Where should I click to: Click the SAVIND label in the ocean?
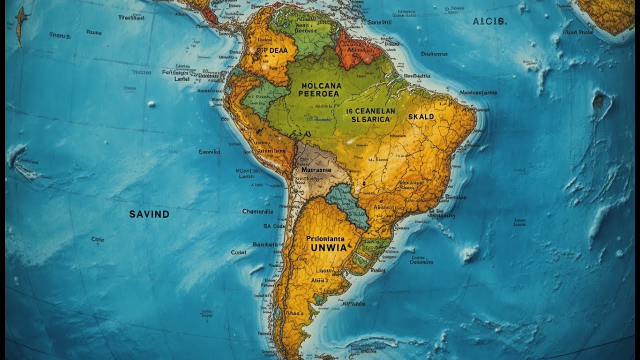point(149,214)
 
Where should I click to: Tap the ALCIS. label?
point(489,21)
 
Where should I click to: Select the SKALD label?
point(421,116)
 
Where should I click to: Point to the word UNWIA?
point(328,247)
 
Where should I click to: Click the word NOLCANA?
point(320,85)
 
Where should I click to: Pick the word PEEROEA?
point(319,93)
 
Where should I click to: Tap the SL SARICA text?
point(370,119)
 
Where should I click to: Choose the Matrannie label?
point(316,169)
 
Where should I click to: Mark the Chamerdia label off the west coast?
point(257,211)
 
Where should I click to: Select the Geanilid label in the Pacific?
point(209,151)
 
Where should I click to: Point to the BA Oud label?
point(273,225)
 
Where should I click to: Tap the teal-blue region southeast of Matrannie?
point(348,205)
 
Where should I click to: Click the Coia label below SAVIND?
point(97,239)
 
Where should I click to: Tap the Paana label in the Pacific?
point(93,32)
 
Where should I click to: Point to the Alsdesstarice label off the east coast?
point(478,92)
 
